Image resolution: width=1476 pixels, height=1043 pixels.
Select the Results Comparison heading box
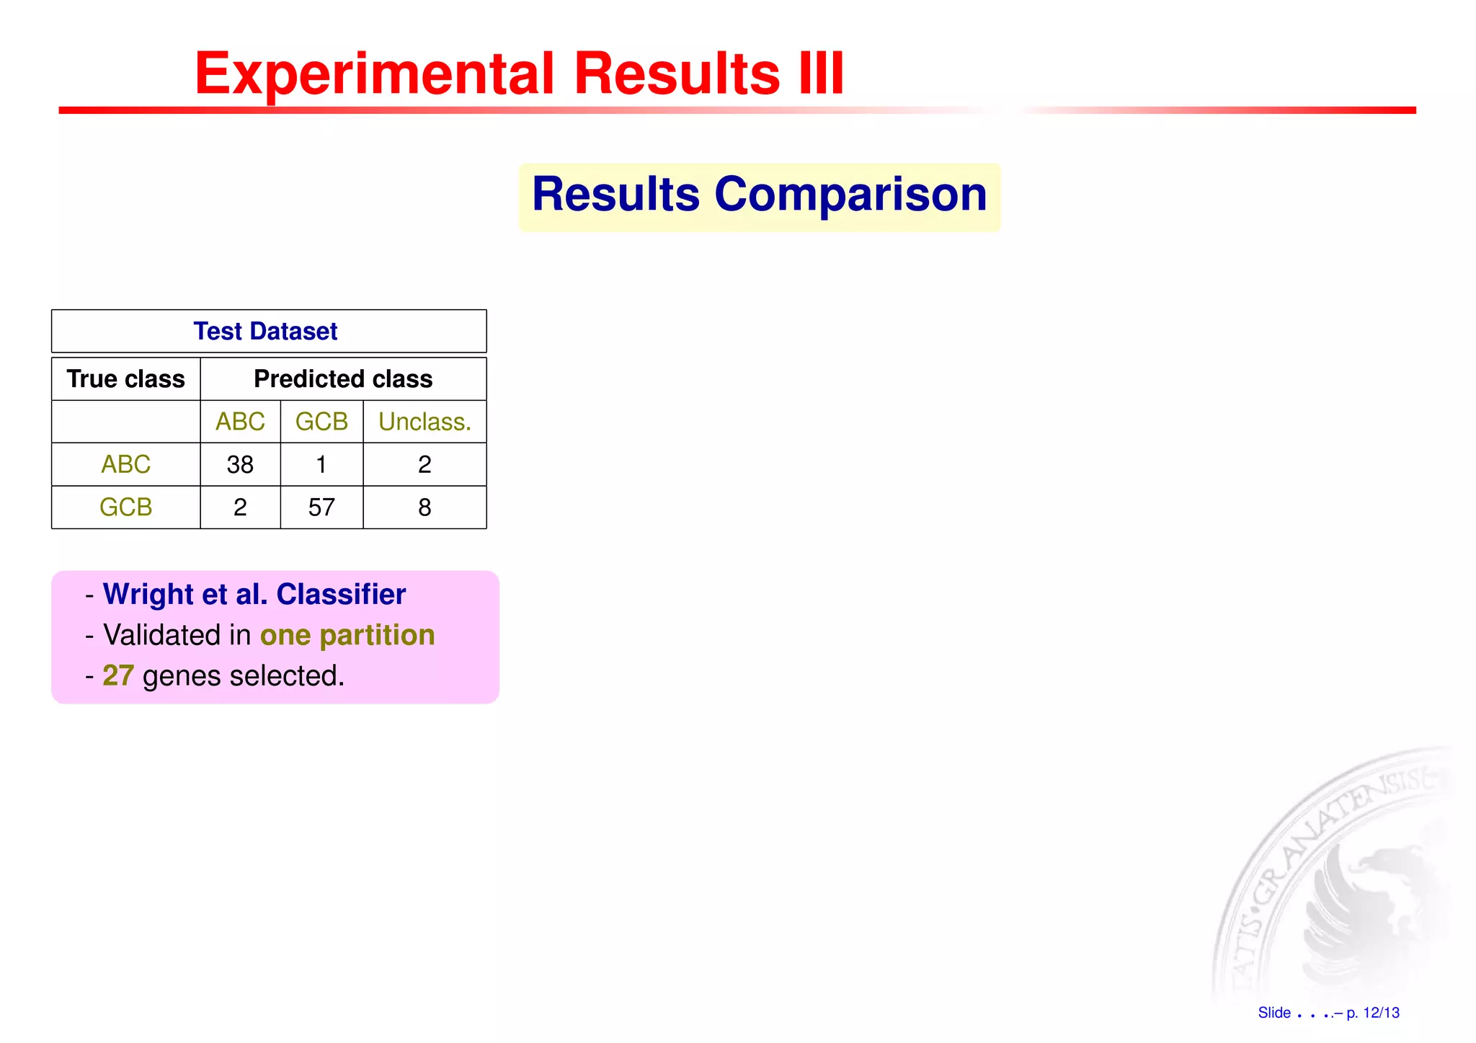pyautogui.click(x=759, y=196)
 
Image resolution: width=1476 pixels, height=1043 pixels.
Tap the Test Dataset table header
pyautogui.click(x=266, y=331)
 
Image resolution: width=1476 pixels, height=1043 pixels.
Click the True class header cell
pyautogui.click(x=126, y=379)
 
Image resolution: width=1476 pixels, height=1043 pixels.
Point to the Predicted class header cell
pyautogui.click(x=343, y=379)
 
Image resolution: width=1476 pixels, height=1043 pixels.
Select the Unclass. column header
pyautogui.click(x=424, y=422)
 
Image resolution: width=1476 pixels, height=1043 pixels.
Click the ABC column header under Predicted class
pyautogui.click(x=240, y=422)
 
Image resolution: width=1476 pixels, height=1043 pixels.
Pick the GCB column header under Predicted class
pyautogui.click(x=321, y=422)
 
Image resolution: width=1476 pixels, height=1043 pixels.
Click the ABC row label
pyautogui.click(x=126, y=464)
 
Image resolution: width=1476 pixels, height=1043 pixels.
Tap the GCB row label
pyautogui.click(x=126, y=507)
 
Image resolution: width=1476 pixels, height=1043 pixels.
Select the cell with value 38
pyautogui.click(x=240, y=465)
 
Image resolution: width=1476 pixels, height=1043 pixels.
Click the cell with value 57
pyautogui.click(x=321, y=507)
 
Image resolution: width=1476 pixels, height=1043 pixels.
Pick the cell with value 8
pyautogui.click(x=424, y=507)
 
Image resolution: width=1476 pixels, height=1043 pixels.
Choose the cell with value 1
pyautogui.click(x=321, y=465)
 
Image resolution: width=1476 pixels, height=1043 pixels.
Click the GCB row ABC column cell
pyautogui.click(x=240, y=507)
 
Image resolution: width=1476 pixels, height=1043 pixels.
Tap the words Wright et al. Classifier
pyautogui.click(x=254, y=595)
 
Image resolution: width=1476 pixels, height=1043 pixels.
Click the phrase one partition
pyautogui.click(x=347, y=636)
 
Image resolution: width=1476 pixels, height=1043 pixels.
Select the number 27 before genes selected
pyautogui.click(x=118, y=676)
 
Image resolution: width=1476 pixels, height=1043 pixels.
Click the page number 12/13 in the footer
pyautogui.click(x=1381, y=1013)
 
